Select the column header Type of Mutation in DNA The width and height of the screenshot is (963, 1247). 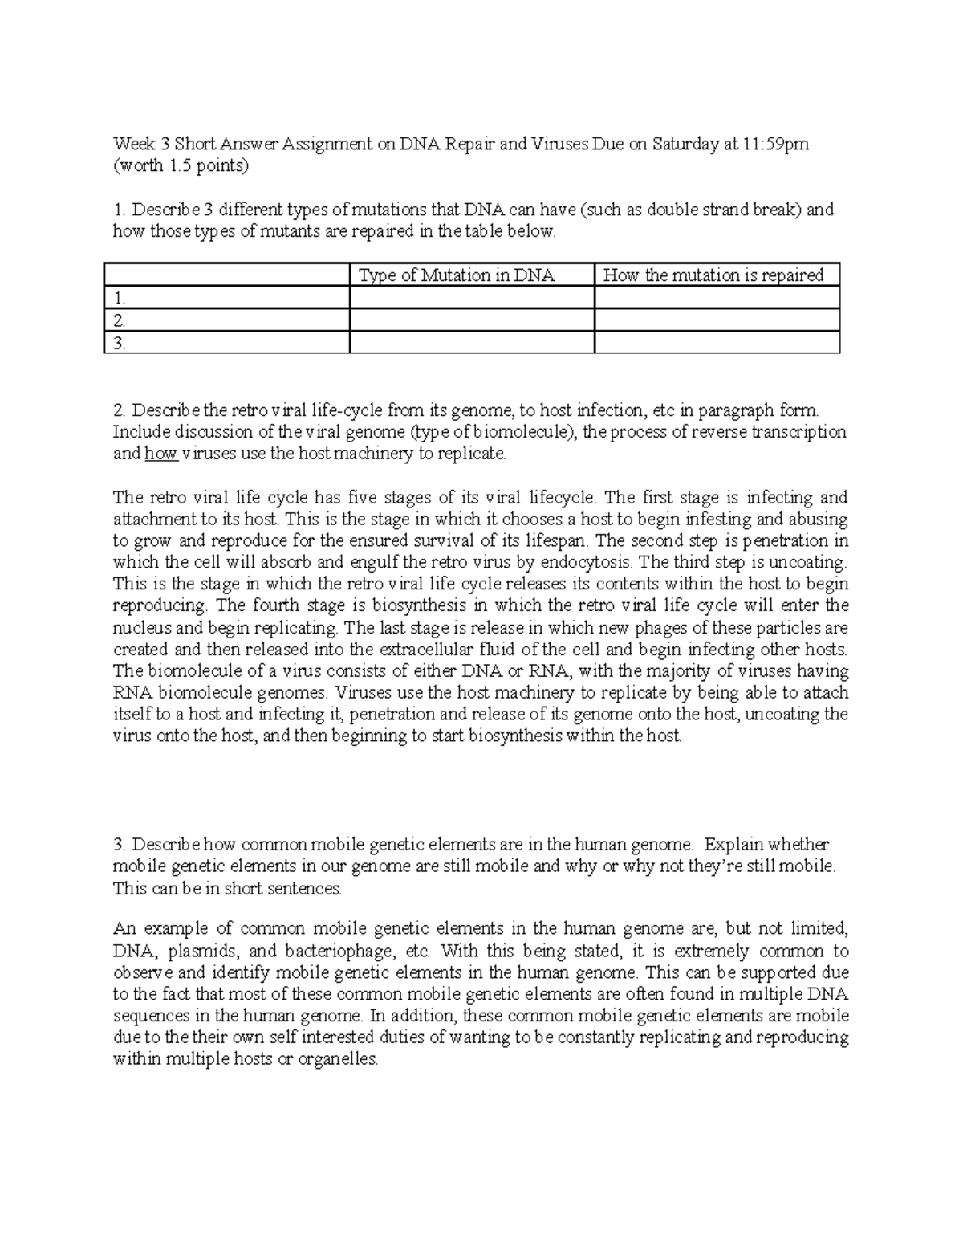click(x=457, y=275)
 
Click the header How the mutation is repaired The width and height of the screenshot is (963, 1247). click(x=713, y=275)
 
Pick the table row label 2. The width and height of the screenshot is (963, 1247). click(x=120, y=320)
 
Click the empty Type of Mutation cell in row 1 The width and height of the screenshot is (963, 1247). click(x=472, y=298)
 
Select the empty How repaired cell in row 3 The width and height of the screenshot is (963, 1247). click(x=717, y=343)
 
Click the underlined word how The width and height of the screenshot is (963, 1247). click(x=161, y=454)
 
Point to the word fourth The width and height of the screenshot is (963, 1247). click(x=274, y=605)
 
